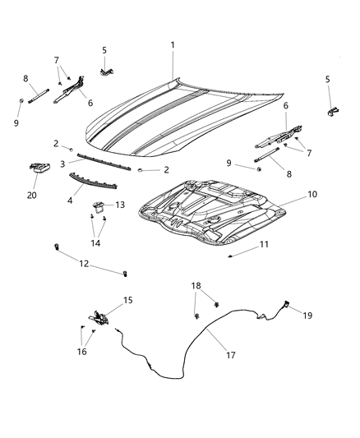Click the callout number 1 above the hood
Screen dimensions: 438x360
(x=173, y=44)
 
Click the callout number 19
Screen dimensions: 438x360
(x=308, y=316)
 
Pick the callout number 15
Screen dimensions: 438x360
(x=127, y=301)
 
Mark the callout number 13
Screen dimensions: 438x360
(x=120, y=205)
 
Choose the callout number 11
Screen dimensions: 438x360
(x=264, y=245)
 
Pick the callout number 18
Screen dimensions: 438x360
(x=196, y=285)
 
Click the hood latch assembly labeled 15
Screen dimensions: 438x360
(x=99, y=317)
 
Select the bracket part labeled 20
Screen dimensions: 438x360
(x=39, y=168)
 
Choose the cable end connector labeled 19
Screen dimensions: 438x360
(x=285, y=306)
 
